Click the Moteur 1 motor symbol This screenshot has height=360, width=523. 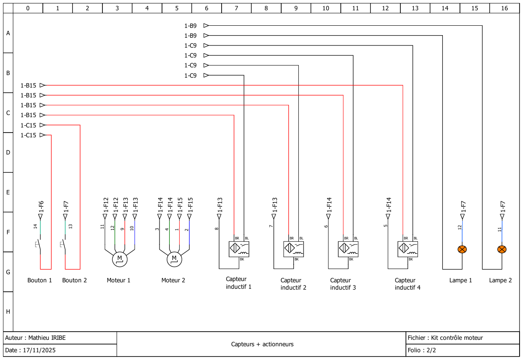point(120,259)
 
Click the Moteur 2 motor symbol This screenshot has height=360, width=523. point(174,259)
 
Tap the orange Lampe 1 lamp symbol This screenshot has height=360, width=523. point(462,249)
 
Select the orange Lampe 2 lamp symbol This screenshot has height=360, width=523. point(502,249)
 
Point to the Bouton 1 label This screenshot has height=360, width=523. point(39,280)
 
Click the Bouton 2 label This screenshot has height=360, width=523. point(75,280)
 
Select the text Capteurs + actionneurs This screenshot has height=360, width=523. point(262,344)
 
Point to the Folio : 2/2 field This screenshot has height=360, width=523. point(422,350)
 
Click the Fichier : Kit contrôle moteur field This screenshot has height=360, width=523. point(445,338)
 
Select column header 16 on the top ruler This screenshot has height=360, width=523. point(504,8)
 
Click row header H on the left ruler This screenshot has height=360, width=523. point(8,312)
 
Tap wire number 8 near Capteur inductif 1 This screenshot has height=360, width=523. point(217,228)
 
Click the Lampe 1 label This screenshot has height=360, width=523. point(461,280)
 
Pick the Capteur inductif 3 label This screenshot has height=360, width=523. point(343,284)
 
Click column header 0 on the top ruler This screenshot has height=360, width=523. point(28,8)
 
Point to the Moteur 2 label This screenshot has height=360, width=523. point(173,280)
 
